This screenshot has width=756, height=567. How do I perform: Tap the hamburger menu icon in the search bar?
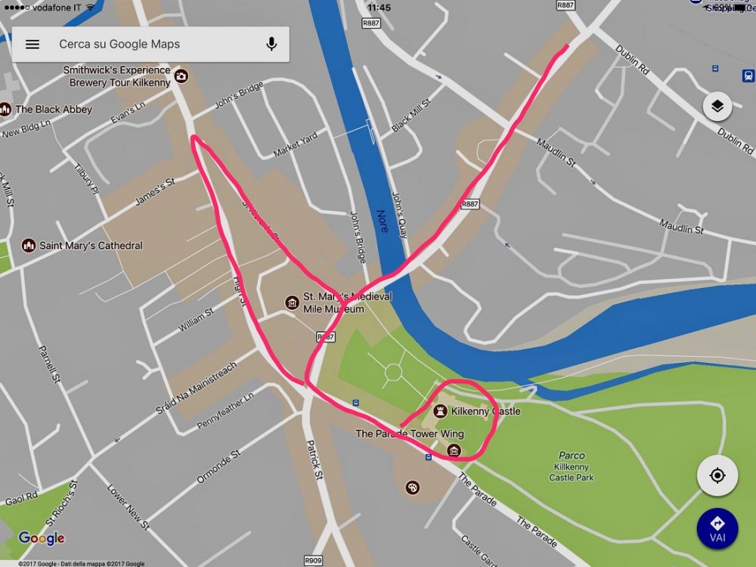[x=33, y=45]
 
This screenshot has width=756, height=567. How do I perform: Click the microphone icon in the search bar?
[x=271, y=45]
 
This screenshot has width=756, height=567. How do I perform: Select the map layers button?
[x=717, y=107]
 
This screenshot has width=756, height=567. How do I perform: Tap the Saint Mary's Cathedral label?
[x=91, y=246]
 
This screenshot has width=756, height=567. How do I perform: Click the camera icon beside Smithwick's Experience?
[x=181, y=76]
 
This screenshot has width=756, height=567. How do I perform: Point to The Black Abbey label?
[x=54, y=110]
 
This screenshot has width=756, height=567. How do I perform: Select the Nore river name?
[x=383, y=221]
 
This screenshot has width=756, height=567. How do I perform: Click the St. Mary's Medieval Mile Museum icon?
[x=292, y=303]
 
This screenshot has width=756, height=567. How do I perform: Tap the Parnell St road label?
[x=50, y=364]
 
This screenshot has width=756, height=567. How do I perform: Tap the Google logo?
[x=42, y=538]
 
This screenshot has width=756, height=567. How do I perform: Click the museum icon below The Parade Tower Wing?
[x=454, y=451]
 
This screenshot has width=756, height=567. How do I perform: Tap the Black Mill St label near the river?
[x=411, y=115]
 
